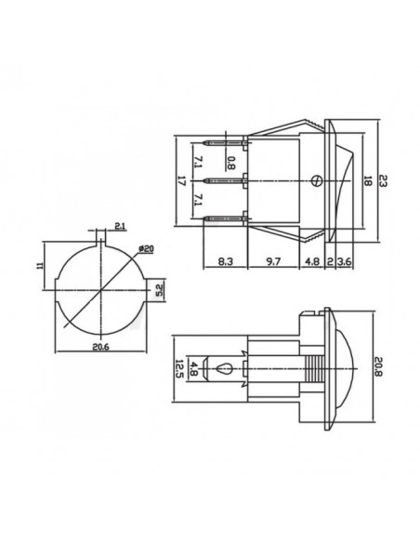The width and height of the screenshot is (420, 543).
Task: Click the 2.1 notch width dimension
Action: point(120,227)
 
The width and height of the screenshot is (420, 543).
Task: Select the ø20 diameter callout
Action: point(146,249)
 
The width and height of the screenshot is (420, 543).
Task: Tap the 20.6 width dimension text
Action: point(100,347)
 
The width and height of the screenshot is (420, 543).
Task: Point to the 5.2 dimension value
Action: point(160,290)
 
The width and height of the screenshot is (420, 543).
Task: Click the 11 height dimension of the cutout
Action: point(40,266)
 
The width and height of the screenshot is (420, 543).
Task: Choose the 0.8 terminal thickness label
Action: point(231,163)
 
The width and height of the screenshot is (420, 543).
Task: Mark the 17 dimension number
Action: point(181,180)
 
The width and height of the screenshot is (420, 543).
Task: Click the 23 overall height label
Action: point(382,180)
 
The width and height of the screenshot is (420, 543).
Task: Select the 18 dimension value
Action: point(367,180)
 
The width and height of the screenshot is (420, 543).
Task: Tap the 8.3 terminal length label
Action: point(226,261)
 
